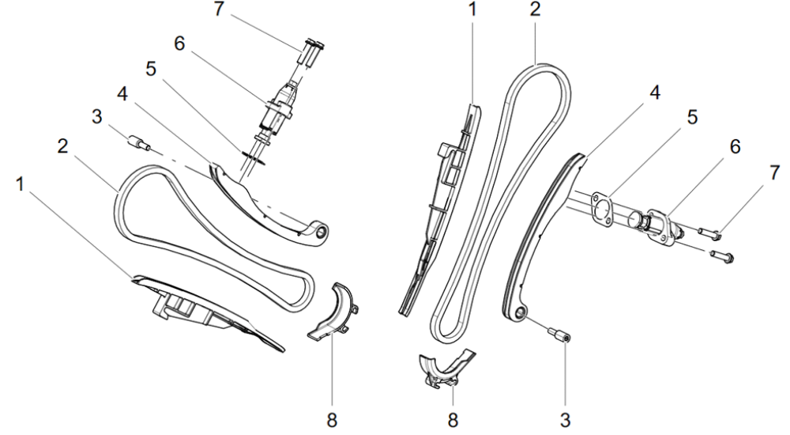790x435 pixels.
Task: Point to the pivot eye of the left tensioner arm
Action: (x=321, y=233)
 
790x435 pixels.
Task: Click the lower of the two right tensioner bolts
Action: (x=722, y=255)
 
